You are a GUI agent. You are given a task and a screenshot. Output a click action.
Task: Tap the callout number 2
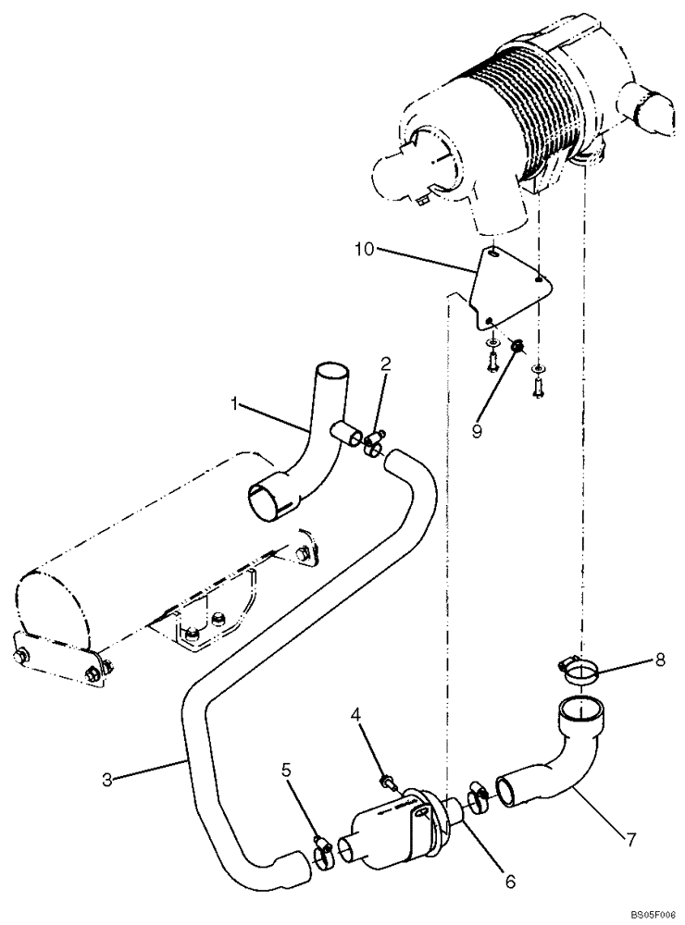[384, 365]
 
